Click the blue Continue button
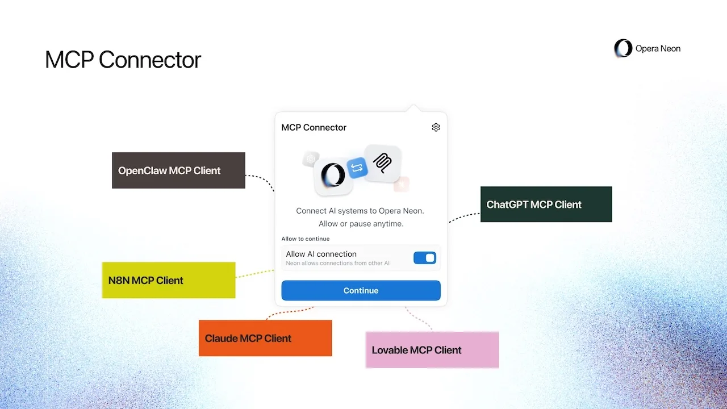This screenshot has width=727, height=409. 361,290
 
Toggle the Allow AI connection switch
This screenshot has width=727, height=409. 425,258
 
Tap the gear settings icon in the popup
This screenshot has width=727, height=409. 436,127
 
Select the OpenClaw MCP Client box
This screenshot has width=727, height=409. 178,170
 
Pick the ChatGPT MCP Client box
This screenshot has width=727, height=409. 546,204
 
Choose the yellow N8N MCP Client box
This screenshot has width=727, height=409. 168,280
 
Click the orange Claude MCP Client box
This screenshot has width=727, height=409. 265,338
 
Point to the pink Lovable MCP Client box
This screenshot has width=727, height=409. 432,350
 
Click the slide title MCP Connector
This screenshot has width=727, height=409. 123,60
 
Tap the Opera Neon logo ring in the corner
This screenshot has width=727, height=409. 623,48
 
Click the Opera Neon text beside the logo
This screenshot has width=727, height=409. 658,49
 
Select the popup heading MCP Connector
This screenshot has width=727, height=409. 314,127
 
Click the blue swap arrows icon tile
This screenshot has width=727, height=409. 357,168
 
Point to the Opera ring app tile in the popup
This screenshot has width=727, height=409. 332,175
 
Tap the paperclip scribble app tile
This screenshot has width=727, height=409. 382,163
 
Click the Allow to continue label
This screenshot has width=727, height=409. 305,239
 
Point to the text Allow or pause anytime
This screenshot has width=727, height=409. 361,224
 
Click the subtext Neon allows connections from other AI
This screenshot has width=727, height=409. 337,263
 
